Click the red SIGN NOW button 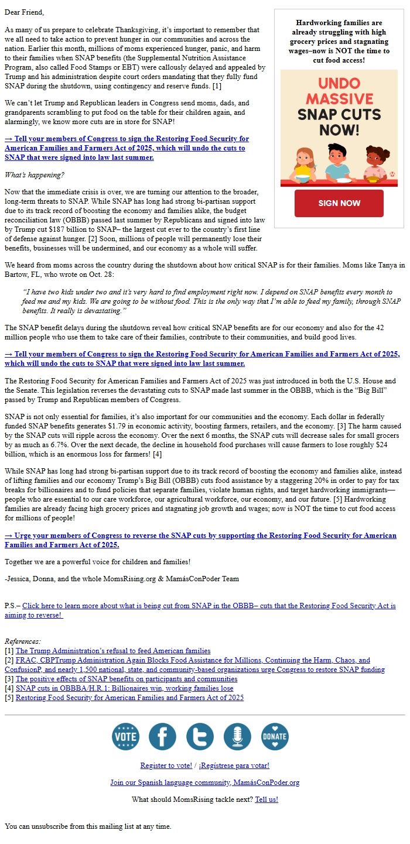point(339,203)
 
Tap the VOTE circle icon point(125,736)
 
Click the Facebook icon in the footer point(162,736)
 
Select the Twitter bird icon point(200,736)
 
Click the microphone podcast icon point(237,736)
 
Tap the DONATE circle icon point(275,736)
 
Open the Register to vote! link point(166,766)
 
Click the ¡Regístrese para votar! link point(234,766)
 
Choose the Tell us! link point(266,800)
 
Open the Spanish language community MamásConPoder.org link point(204,783)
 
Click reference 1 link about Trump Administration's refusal point(113,651)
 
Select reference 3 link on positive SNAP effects point(127,679)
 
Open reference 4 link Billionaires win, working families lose point(124,688)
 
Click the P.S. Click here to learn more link point(209,606)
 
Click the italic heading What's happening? point(35,175)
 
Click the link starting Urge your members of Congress point(200,536)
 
